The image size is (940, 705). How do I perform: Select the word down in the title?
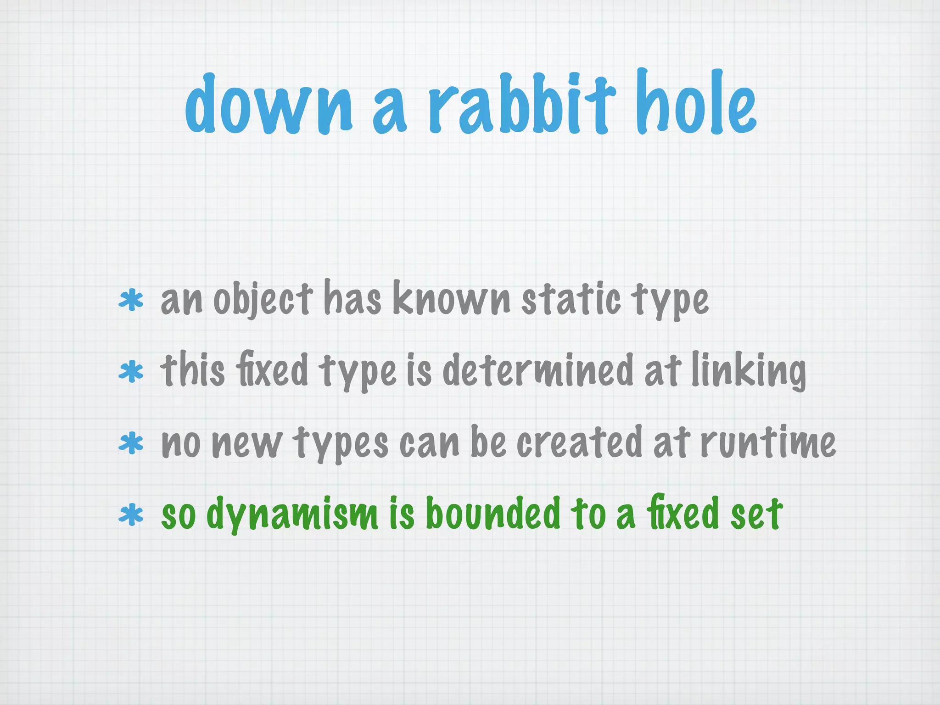click(x=269, y=106)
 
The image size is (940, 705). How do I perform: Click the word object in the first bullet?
click(x=263, y=299)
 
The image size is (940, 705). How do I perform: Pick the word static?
click(x=571, y=299)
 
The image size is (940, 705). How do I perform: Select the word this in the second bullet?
click(x=193, y=371)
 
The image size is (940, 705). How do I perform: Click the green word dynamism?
click(x=293, y=514)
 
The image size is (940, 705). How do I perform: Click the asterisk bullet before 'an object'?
click(x=131, y=300)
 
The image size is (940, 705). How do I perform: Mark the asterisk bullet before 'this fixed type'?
click(x=131, y=372)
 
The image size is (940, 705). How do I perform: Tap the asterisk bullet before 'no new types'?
click(x=131, y=443)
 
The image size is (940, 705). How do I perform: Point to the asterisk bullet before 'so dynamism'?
click(x=131, y=515)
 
